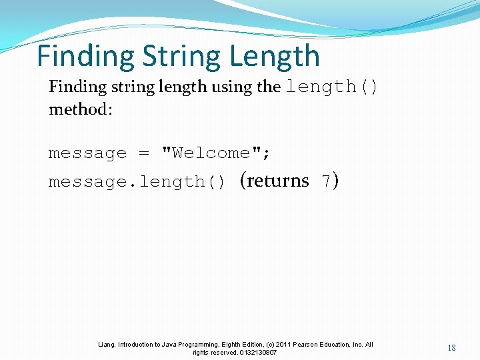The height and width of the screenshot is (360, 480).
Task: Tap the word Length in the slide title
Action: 274,57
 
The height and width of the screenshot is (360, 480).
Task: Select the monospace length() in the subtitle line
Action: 331,87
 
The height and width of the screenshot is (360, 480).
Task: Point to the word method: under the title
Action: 81,109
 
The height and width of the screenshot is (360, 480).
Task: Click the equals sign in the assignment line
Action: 144,153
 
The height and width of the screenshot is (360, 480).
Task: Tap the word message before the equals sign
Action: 87,153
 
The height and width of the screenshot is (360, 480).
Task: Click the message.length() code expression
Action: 137,182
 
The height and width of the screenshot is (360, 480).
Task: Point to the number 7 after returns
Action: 326,181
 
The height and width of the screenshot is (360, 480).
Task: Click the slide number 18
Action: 452,348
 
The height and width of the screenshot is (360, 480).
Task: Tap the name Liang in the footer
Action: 106,345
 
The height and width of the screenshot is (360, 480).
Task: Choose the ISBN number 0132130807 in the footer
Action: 257,352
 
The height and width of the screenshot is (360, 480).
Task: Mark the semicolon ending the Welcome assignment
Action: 267,154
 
